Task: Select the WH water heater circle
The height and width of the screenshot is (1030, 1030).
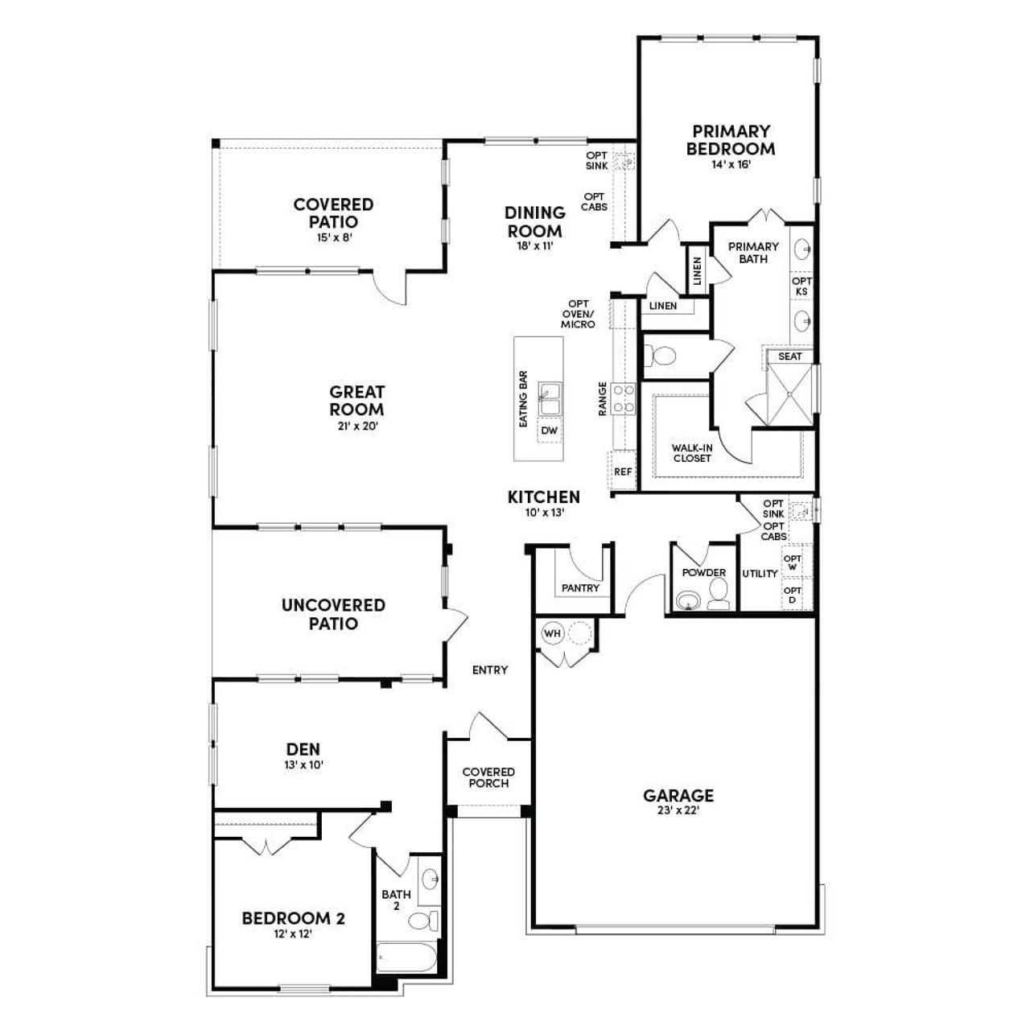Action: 552,633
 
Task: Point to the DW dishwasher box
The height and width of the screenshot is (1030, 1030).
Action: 550,431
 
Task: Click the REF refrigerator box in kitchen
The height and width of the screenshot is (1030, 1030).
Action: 622,472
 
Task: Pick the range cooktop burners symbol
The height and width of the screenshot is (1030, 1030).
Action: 624,398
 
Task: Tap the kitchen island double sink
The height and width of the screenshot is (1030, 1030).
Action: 550,398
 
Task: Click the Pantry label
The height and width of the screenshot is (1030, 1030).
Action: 580,588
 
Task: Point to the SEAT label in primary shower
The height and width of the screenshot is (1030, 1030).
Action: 789,356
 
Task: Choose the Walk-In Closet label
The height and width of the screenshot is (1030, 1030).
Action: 692,453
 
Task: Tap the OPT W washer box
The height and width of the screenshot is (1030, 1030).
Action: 793,562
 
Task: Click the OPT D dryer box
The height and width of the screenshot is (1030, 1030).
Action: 793,595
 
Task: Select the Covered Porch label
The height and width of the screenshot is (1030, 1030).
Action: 488,777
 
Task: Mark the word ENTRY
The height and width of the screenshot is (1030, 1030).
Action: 490,670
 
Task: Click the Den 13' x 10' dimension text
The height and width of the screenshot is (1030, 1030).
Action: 303,765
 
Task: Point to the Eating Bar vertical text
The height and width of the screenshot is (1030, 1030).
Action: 524,398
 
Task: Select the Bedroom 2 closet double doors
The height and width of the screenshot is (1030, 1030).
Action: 264,847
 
